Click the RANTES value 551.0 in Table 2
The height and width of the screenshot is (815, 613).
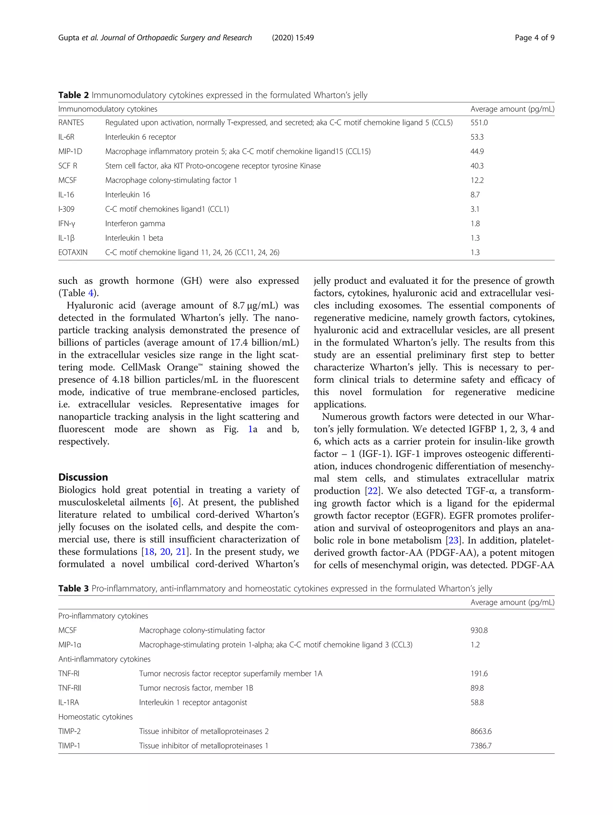click(479, 123)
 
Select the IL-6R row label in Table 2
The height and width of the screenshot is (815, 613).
click(66, 137)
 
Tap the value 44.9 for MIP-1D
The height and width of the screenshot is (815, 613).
click(477, 152)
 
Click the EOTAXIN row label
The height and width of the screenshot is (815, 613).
click(73, 252)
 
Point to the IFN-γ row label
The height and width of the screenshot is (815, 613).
click(67, 224)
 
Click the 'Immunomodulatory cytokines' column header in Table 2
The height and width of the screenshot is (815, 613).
click(107, 109)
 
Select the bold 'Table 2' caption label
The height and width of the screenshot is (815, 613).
click(74, 95)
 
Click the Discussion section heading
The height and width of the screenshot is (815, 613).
click(83, 477)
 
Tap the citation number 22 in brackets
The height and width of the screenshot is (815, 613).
click(373, 491)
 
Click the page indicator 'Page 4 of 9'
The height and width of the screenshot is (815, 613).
click(534, 37)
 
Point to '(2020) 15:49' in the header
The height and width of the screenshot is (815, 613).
click(293, 37)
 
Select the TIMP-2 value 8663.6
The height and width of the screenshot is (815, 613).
click(481, 731)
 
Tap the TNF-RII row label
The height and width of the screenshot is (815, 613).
click(69, 688)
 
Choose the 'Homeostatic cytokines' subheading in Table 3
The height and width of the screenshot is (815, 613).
click(95, 717)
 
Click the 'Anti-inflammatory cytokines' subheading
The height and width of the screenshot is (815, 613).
click(104, 659)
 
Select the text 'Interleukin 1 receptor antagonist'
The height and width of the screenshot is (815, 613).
click(193, 703)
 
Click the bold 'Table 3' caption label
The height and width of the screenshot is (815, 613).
click(74, 588)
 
